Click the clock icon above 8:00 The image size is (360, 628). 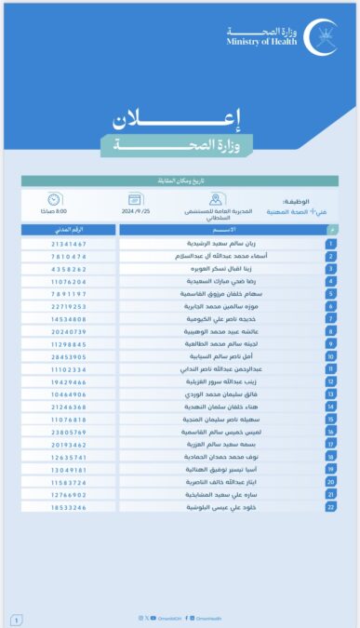click(54, 200)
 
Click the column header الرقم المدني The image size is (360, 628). click(68, 230)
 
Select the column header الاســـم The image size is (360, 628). click(224, 230)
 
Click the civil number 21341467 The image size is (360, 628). click(68, 244)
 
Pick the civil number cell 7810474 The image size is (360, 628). click(68, 256)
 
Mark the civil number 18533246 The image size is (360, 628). click(68, 507)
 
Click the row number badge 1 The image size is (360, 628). click(331, 244)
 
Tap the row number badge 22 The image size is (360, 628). click(331, 507)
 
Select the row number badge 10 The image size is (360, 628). click(331, 356)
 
